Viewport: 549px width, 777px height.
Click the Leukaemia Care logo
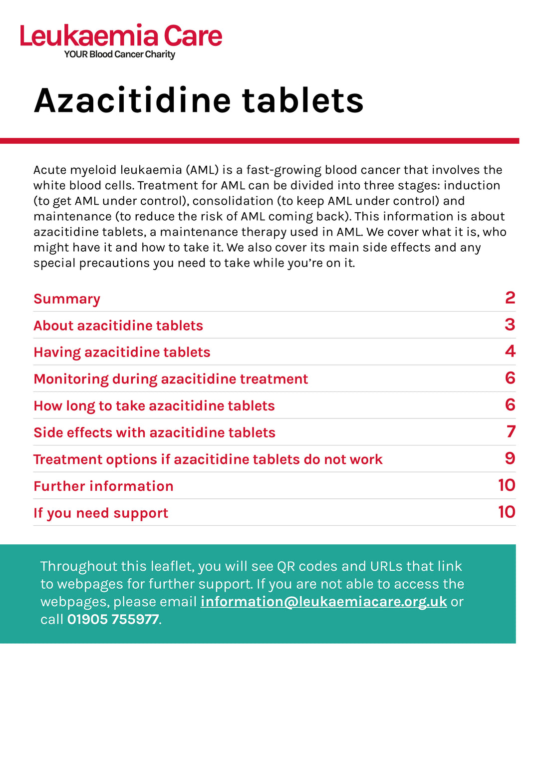tap(121, 36)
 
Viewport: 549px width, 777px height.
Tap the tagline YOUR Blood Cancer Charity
tap(119, 54)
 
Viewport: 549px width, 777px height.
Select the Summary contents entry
tap(67, 299)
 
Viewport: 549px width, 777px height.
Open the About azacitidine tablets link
tap(118, 326)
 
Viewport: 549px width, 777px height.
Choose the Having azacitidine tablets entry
tap(122, 352)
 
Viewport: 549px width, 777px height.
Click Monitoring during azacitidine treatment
tap(171, 379)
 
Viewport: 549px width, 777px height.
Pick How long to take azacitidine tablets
tap(154, 405)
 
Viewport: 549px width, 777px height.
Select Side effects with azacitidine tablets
tap(154, 432)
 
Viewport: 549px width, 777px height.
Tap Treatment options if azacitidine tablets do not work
tap(208, 459)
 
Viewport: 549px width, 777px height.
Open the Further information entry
tap(103, 486)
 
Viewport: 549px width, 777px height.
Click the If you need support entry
tap(101, 513)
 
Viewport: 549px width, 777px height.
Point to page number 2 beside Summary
tap(510, 298)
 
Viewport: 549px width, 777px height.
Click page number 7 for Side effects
tap(511, 432)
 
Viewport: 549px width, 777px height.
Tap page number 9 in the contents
tap(510, 458)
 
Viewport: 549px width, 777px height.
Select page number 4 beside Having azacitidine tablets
tap(510, 352)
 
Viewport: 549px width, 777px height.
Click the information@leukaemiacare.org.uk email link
tap(323, 601)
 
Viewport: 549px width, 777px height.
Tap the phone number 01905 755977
tap(113, 619)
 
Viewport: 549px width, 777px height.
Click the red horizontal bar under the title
tap(260, 141)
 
